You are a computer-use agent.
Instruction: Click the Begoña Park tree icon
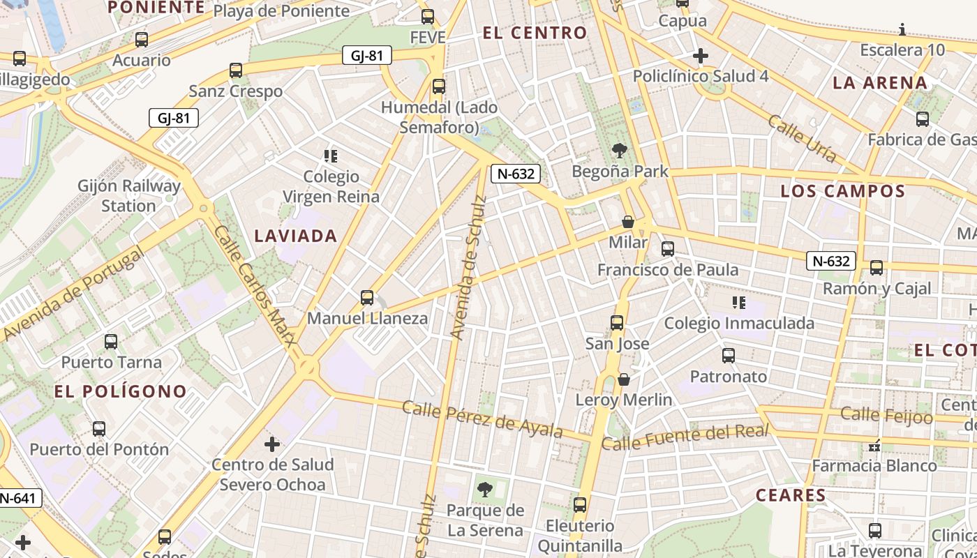coord(618,150)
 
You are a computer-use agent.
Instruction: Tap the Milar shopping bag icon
coord(628,222)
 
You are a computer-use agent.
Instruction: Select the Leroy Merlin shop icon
coord(624,379)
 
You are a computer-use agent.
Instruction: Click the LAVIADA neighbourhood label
coord(296,236)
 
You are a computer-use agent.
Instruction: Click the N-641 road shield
coord(20,498)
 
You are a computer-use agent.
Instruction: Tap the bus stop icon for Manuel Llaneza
coord(367,298)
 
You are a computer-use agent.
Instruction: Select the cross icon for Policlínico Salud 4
coord(701,56)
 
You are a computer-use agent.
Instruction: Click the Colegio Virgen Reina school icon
coord(331,156)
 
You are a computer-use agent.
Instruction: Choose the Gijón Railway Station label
coord(129,196)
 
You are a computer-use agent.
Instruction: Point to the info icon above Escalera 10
coord(902,29)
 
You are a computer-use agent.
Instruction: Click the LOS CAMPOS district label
coord(842,191)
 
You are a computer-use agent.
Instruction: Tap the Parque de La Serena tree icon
coord(485,490)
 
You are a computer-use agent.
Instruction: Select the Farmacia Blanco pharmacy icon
coord(874,445)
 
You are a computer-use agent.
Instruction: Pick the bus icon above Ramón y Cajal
coord(877,267)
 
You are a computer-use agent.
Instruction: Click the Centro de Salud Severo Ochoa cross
coord(272,444)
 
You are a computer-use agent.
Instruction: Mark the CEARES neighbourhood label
coord(791,496)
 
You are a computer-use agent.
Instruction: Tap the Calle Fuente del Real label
coord(685,437)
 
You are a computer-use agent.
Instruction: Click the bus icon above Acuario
coord(142,40)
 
